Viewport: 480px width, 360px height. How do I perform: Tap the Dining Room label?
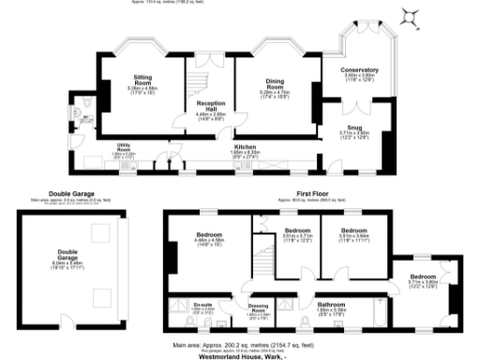[x=277, y=83]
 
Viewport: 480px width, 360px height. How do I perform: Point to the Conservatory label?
[x=361, y=69]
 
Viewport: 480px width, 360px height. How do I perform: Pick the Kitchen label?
[x=246, y=147]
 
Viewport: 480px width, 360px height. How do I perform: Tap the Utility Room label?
[x=123, y=147]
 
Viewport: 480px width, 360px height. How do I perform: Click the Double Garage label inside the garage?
[x=67, y=251]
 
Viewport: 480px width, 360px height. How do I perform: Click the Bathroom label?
[x=331, y=304]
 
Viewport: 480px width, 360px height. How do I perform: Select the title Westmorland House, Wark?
[x=239, y=355]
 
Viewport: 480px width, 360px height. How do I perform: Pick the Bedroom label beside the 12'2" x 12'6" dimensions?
[x=423, y=277]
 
